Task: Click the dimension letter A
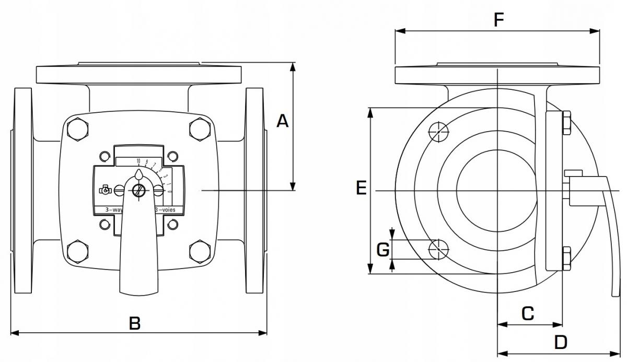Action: (283, 121)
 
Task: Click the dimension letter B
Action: (135, 323)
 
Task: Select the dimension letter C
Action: (528, 313)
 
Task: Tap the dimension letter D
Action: (561, 343)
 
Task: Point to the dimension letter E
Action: (361, 188)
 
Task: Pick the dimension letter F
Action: (498, 20)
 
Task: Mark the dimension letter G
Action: (383, 250)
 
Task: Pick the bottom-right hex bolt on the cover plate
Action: (199, 250)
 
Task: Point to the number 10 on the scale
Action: (138, 160)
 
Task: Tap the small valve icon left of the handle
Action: (104, 190)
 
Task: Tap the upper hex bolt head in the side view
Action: (566, 123)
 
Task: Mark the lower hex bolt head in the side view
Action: (566, 258)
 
